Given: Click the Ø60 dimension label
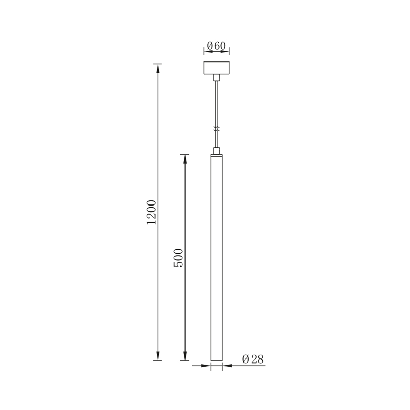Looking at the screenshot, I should tap(216, 46).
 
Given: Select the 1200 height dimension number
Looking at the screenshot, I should tap(151, 212).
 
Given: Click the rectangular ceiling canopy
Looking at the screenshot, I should tap(217, 68).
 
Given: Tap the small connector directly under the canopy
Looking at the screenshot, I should tap(217, 77).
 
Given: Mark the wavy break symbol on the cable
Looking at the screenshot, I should tap(217, 130).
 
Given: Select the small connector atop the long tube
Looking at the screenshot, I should tap(217, 151).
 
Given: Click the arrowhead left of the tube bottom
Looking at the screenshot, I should tap(207, 366).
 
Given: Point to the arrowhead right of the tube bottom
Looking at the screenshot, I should tap(227, 366).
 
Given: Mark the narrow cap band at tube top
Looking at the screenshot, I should tap(217, 155).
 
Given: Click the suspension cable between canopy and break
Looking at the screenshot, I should tap(217, 102).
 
